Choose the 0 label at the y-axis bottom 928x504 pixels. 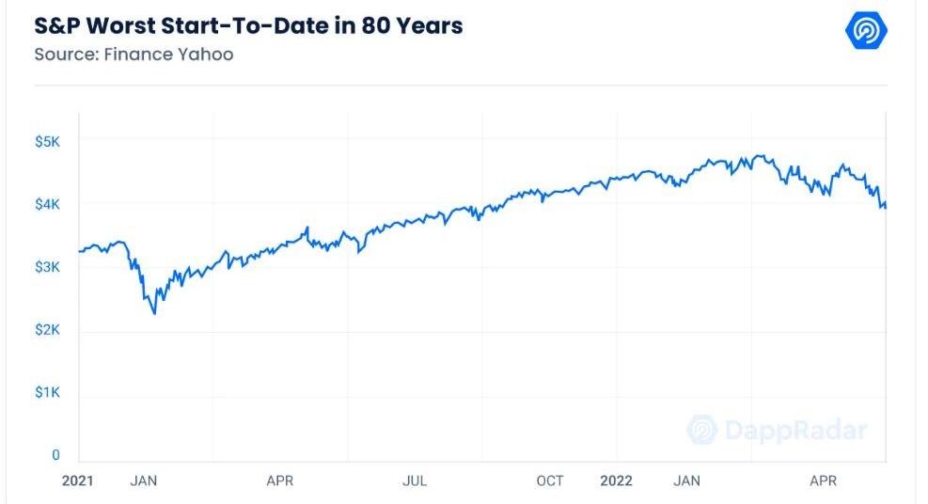tap(55, 455)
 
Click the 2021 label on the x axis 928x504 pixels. tap(79, 480)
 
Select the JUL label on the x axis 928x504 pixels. tap(415, 480)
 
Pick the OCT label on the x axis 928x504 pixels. tap(550, 480)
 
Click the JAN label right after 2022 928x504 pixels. tap(686, 480)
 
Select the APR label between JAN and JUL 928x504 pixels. tap(279, 480)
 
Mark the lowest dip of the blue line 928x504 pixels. tap(154, 313)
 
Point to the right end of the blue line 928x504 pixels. tap(886, 206)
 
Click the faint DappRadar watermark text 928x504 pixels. tap(795, 431)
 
